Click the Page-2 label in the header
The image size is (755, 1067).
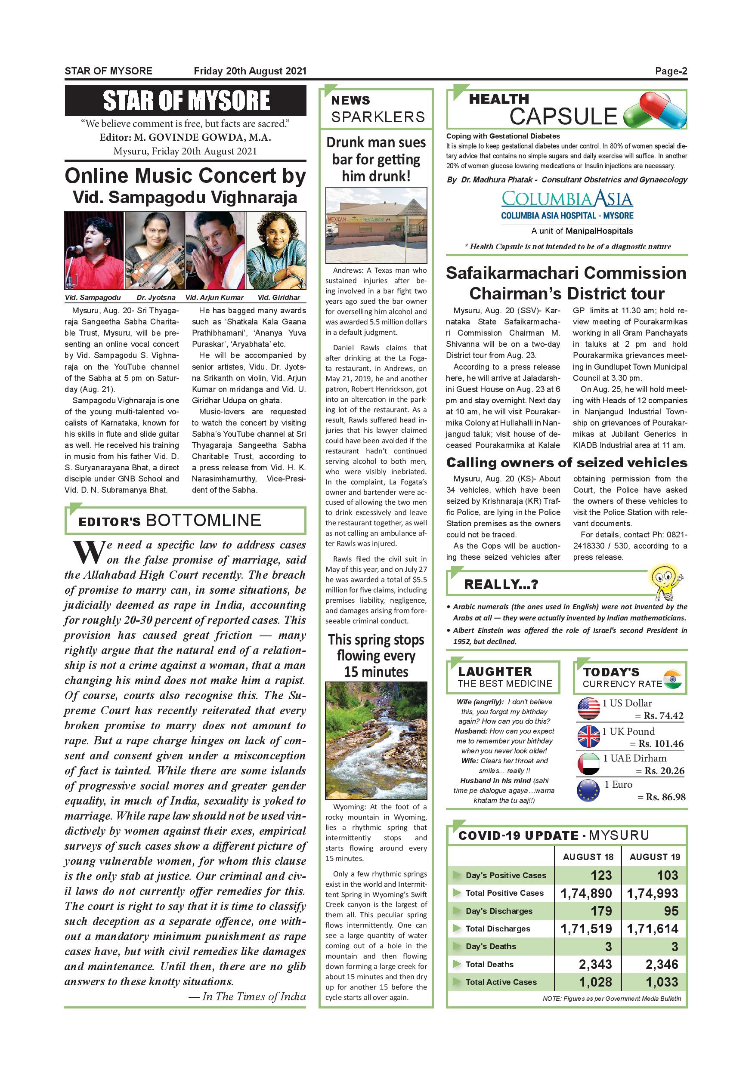pyautogui.click(x=670, y=71)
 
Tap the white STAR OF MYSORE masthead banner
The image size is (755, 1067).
pyautogui.click(x=186, y=100)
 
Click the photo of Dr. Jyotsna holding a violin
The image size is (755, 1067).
pyautogui.click(x=155, y=250)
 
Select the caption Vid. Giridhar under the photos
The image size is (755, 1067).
pyautogui.click(x=278, y=297)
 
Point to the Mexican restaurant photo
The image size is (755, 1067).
pyautogui.click(x=376, y=225)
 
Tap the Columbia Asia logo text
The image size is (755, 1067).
pyautogui.click(x=567, y=199)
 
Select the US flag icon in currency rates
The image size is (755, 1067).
pyautogui.click(x=588, y=709)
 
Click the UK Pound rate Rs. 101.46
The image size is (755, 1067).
pyautogui.click(x=660, y=743)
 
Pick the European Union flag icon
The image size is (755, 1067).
pyautogui.click(x=588, y=790)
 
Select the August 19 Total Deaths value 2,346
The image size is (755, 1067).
pyautogui.click(x=662, y=965)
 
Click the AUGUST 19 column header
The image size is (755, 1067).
pyautogui.click(x=655, y=857)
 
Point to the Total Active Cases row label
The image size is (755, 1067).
pyautogui.click(x=501, y=982)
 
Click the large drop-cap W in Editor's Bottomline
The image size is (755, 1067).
pyautogui.click(x=87, y=552)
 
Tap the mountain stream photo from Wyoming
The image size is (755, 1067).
pyautogui.click(x=376, y=741)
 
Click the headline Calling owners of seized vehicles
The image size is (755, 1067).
pyautogui.click(x=566, y=463)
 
